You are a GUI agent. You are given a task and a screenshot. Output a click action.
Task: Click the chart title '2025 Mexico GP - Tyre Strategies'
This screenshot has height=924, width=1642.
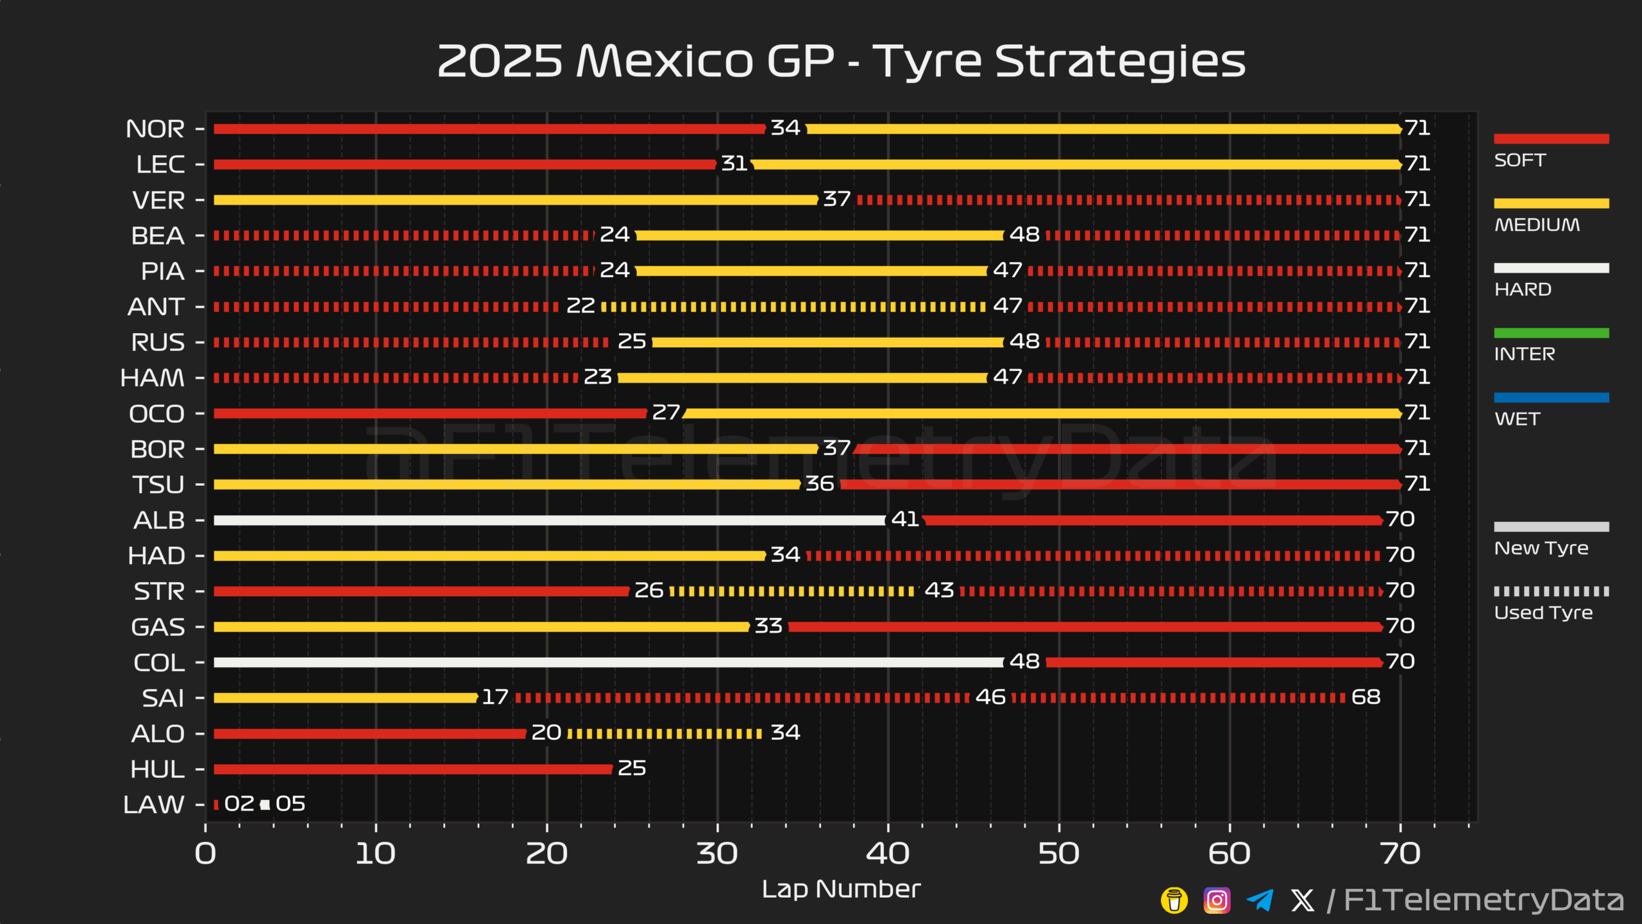click(x=841, y=61)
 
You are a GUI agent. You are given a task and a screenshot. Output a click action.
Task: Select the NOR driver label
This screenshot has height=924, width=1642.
click(x=155, y=129)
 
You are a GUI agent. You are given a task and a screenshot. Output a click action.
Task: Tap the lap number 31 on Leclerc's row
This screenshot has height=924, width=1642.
click(x=734, y=164)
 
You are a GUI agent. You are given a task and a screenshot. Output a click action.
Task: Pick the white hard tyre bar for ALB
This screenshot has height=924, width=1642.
click(x=548, y=520)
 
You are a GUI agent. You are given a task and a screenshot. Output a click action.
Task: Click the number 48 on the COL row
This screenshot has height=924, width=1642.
click(x=1024, y=662)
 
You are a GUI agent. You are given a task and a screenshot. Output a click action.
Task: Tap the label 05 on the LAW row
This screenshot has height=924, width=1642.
click(x=291, y=804)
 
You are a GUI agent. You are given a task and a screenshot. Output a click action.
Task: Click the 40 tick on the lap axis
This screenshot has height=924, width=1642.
click(x=888, y=853)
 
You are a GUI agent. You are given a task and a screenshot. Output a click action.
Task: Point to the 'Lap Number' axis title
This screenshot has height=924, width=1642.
click(x=841, y=889)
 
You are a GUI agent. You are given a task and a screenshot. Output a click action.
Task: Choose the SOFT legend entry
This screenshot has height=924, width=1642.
click(x=1520, y=160)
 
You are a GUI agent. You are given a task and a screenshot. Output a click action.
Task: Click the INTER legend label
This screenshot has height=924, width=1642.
click(x=1525, y=354)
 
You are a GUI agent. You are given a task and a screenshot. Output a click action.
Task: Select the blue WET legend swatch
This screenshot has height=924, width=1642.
click(x=1551, y=398)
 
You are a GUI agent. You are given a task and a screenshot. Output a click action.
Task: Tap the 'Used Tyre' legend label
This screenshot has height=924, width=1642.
click(x=1543, y=613)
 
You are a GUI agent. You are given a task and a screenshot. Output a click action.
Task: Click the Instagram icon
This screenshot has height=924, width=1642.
click(x=1217, y=900)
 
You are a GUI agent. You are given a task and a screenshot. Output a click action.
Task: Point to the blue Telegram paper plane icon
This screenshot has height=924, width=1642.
click(x=1260, y=900)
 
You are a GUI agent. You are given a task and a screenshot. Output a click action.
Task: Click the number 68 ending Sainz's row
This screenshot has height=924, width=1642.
click(x=1366, y=697)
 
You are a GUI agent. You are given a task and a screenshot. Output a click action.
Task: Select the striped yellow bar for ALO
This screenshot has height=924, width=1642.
click(x=664, y=733)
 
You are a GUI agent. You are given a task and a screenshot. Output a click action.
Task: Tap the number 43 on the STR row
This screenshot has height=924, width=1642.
click(x=939, y=590)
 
